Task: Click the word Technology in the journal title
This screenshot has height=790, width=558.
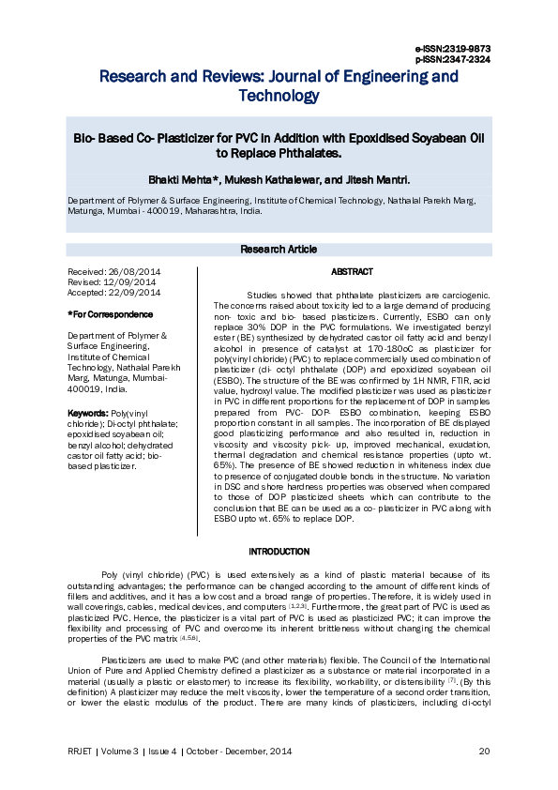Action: point(279,96)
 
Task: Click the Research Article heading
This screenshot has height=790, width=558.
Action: point(279,250)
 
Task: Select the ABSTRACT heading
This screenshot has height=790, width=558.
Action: point(352,272)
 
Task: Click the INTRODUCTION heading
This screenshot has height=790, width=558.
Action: point(279,552)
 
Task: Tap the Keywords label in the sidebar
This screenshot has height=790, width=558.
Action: point(88,414)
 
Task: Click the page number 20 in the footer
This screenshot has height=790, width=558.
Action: point(485,751)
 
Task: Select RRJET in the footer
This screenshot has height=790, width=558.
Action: point(80,751)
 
